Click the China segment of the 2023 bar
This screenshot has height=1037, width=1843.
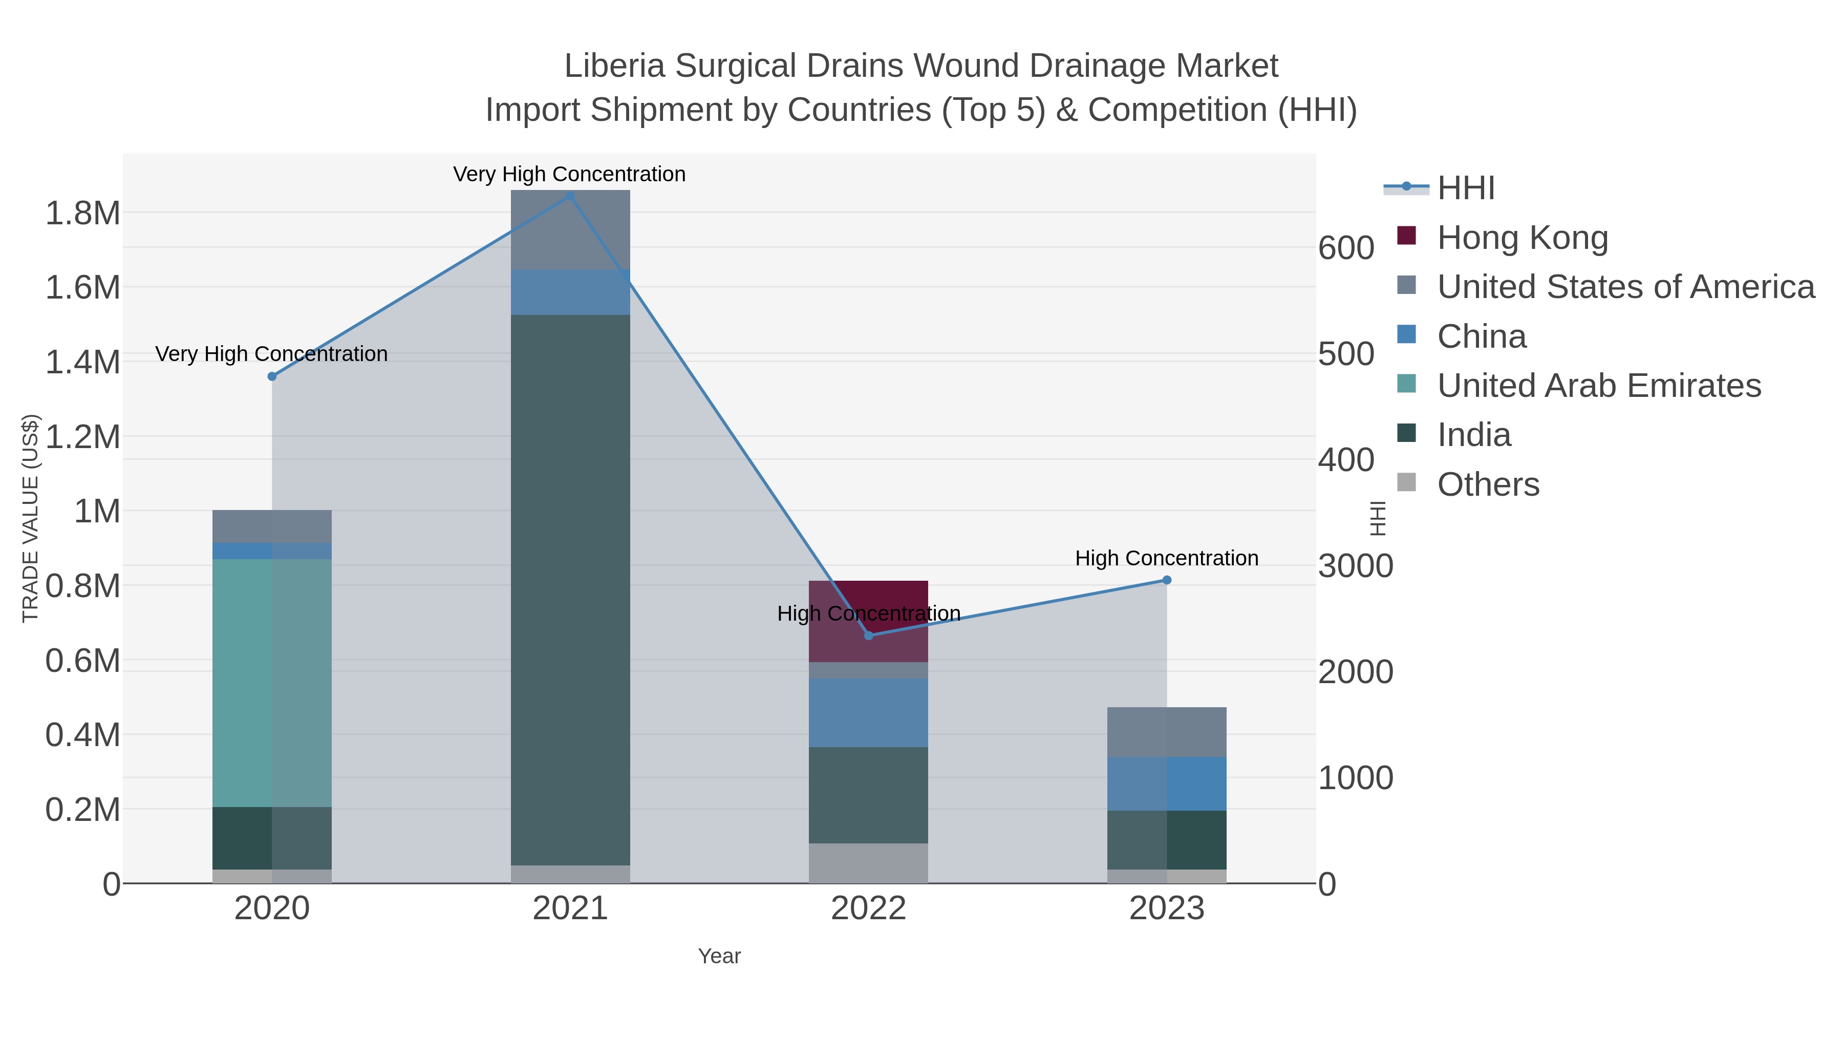pos(1166,784)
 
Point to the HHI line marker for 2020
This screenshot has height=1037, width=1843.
pos(272,376)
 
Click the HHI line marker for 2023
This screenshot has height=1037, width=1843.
pos(1167,580)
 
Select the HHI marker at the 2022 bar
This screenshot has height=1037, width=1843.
pos(869,636)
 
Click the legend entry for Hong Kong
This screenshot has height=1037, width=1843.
pos(1522,238)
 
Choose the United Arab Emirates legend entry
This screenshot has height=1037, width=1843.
pos(1598,386)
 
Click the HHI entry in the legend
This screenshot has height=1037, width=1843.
pos(1465,188)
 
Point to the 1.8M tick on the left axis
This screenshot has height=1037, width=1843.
pos(82,213)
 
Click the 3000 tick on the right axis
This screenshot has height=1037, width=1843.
pos(1356,566)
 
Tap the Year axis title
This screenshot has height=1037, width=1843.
pos(719,956)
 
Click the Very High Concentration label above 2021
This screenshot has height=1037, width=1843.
pos(569,174)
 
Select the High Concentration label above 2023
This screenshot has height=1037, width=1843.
pos(1166,558)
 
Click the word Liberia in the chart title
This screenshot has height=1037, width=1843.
pos(615,66)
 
